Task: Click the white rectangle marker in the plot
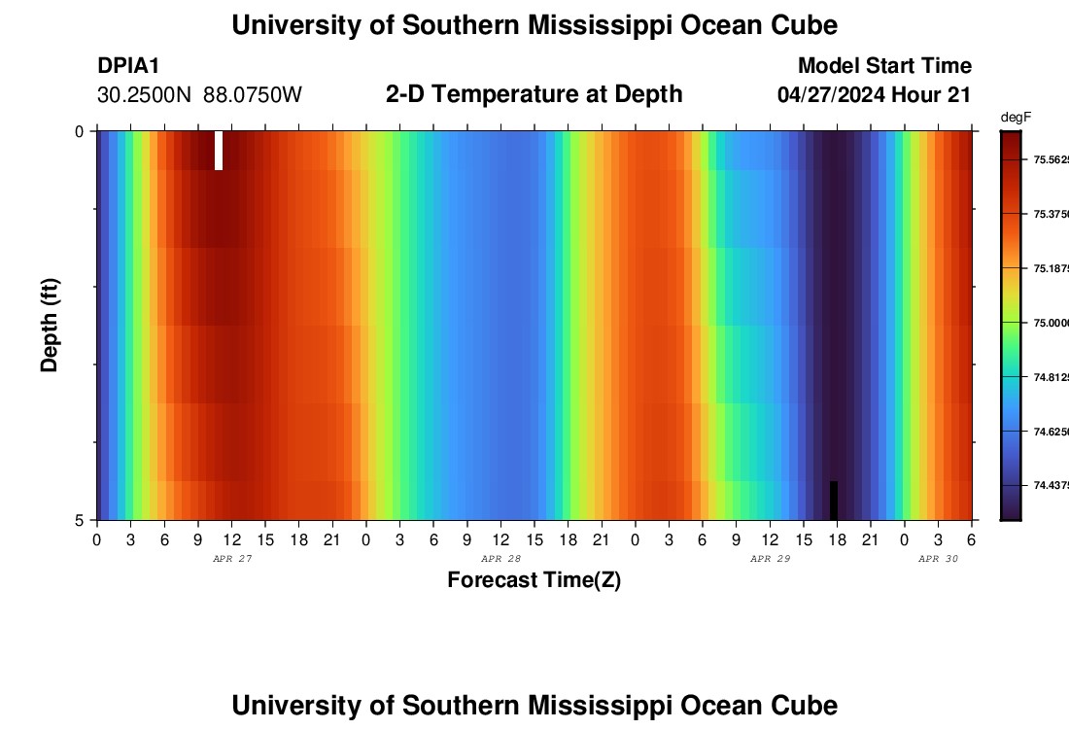pyautogui.click(x=219, y=150)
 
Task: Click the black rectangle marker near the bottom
pyautogui.click(x=833, y=500)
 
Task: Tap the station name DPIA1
pyautogui.click(x=128, y=66)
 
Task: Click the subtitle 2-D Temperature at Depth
pyautogui.click(x=534, y=94)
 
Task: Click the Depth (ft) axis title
pyautogui.click(x=51, y=325)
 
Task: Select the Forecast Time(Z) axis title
pyautogui.click(x=534, y=580)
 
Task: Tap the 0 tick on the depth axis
pyautogui.click(x=79, y=131)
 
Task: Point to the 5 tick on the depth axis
pyautogui.click(x=79, y=520)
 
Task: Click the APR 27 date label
pyautogui.click(x=232, y=559)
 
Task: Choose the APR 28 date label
pyautogui.click(x=501, y=559)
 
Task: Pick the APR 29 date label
pyautogui.click(x=771, y=559)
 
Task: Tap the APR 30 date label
pyautogui.click(x=939, y=559)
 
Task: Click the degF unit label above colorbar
pyautogui.click(x=1016, y=118)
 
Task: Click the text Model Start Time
pyautogui.click(x=884, y=66)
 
